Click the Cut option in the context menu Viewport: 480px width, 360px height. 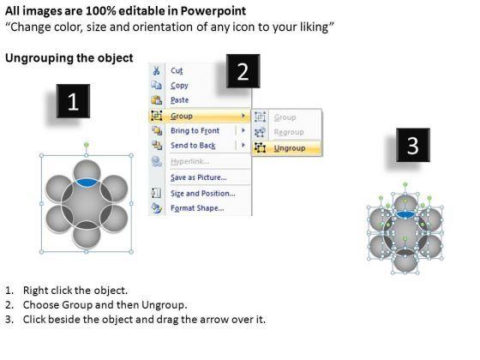pos(177,70)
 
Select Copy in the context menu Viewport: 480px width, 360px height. pos(179,86)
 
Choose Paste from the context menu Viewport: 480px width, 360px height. pos(179,100)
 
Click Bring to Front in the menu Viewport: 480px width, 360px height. pos(195,130)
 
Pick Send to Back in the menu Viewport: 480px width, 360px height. pos(193,146)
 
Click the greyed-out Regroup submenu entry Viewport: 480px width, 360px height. pos(289,132)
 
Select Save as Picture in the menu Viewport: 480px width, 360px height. pos(199,177)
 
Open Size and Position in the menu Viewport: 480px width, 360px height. pos(203,194)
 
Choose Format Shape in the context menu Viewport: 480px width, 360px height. pos(197,208)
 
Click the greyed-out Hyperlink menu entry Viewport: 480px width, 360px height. pos(189,162)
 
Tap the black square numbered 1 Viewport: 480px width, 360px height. pos(73,101)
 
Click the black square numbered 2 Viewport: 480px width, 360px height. pos(243,71)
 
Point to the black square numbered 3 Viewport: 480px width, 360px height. pos(413,145)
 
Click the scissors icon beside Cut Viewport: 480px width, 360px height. pos(156,70)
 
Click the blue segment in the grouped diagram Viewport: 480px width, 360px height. pos(87,182)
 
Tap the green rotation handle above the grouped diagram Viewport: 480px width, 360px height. pos(87,145)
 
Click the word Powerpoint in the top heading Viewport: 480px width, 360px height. pos(213,11)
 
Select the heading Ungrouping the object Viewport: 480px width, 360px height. pos(69,58)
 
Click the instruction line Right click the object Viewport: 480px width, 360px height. pos(75,291)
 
